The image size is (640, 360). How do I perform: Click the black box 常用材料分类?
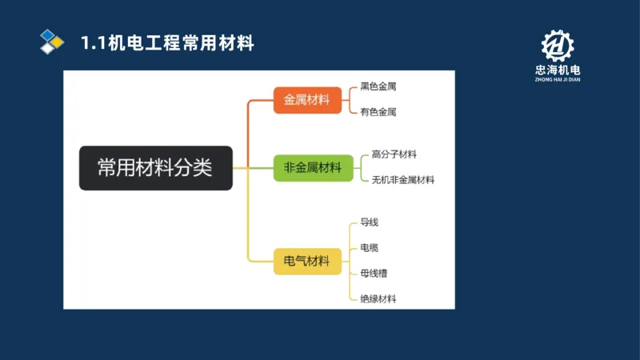tap(155, 168)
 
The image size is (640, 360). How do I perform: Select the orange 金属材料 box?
tap(307, 100)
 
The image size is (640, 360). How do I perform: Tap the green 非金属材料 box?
tap(313, 168)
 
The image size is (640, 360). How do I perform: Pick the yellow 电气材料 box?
tap(307, 261)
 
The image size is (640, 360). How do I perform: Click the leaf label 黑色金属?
tap(378, 86)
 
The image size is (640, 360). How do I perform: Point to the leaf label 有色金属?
tap(378, 112)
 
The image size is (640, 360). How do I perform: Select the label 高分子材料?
tap(394, 154)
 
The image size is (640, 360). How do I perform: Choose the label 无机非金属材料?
tap(403, 180)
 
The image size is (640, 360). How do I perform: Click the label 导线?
tap(369, 222)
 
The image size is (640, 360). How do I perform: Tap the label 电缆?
tap(369, 247)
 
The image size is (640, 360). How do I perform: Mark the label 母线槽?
tap(374, 273)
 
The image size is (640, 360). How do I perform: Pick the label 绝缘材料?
tap(378, 299)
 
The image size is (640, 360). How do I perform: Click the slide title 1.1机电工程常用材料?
tap(167, 43)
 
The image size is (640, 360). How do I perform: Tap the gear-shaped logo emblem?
tap(558, 46)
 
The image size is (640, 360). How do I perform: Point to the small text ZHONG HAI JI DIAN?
tap(558, 80)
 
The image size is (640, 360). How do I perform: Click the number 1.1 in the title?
tap(92, 43)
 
